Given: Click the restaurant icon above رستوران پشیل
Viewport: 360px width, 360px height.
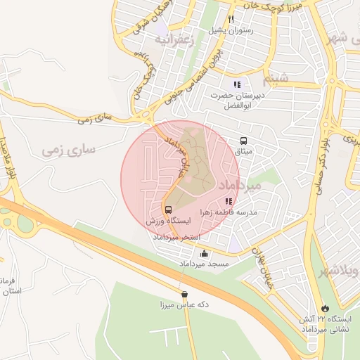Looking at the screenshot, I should pyautogui.click(x=230, y=20).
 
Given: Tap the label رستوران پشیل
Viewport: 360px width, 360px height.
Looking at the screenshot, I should pyautogui.click(x=230, y=32).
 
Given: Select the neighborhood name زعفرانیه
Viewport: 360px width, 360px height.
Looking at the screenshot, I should pyautogui.click(x=173, y=41).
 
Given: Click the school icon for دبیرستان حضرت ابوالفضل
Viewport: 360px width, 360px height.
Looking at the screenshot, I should pyautogui.click(x=237, y=84).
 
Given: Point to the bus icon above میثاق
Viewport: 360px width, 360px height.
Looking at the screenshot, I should pyautogui.click(x=243, y=140).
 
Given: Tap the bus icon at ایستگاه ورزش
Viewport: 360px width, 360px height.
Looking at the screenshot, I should pyautogui.click(x=167, y=210).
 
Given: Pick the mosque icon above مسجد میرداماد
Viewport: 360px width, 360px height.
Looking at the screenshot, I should pyautogui.click(x=205, y=253).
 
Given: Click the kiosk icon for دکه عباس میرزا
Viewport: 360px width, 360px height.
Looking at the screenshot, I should pyautogui.click(x=184, y=295).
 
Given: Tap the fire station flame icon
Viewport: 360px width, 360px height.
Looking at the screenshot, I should pyautogui.click(x=324, y=308).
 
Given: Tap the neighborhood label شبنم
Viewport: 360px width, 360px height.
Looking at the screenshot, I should pyautogui.click(x=275, y=77).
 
